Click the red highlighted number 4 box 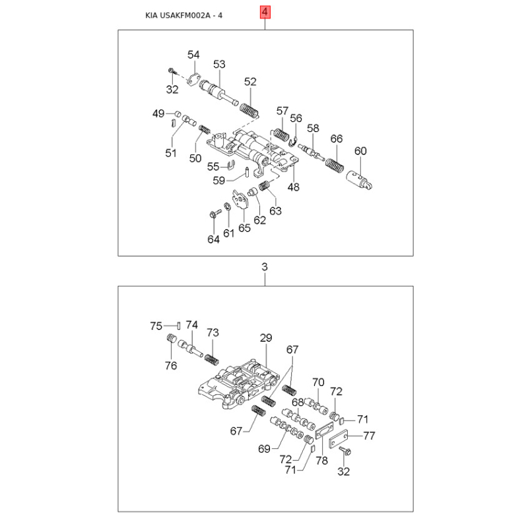coord(265,13)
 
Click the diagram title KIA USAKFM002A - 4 coord(184,15)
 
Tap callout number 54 coord(193,55)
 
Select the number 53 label coord(219,64)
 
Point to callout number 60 coord(360,151)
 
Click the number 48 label coord(293,187)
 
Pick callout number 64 coord(213,239)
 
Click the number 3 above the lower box coord(265,267)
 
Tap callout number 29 coord(266,338)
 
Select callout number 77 coord(369,436)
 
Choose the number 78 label coord(322,460)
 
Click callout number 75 coord(156,326)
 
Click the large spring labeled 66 coord(335,165)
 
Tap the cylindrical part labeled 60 coord(359,181)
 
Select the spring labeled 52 coord(249,110)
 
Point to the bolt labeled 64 coord(215,213)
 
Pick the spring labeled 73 coord(212,360)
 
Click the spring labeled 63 coord(265,186)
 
